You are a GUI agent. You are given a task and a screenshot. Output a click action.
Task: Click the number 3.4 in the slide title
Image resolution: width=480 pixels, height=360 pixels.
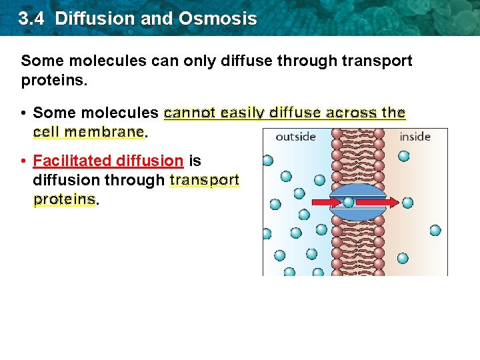pos(32,18)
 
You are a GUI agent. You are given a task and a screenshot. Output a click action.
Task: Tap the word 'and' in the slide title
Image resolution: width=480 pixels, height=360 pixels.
pos(157,18)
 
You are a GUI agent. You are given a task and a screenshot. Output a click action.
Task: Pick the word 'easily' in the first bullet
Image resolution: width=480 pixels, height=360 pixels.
pos(240,113)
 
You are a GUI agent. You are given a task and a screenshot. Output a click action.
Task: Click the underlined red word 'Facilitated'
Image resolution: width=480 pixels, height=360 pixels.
pos(72,161)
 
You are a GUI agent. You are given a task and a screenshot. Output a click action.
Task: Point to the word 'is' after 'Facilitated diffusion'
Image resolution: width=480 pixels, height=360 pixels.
pos(195,161)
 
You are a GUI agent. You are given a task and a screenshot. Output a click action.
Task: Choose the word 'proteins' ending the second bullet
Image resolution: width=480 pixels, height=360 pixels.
pos(64,199)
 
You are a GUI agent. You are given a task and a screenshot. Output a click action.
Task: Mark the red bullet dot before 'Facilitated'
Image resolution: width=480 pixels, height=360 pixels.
pos(23,161)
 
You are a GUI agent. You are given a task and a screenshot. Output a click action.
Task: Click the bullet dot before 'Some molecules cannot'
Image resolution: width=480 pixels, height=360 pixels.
pos(23,113)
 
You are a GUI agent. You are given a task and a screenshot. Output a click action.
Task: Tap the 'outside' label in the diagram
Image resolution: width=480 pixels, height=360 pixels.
pos(295,137)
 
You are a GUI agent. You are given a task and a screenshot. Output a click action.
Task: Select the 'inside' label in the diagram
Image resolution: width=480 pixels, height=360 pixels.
pos(415,137)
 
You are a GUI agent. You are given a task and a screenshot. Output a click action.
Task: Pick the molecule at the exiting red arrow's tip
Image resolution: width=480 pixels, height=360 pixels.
pos(407,203)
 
